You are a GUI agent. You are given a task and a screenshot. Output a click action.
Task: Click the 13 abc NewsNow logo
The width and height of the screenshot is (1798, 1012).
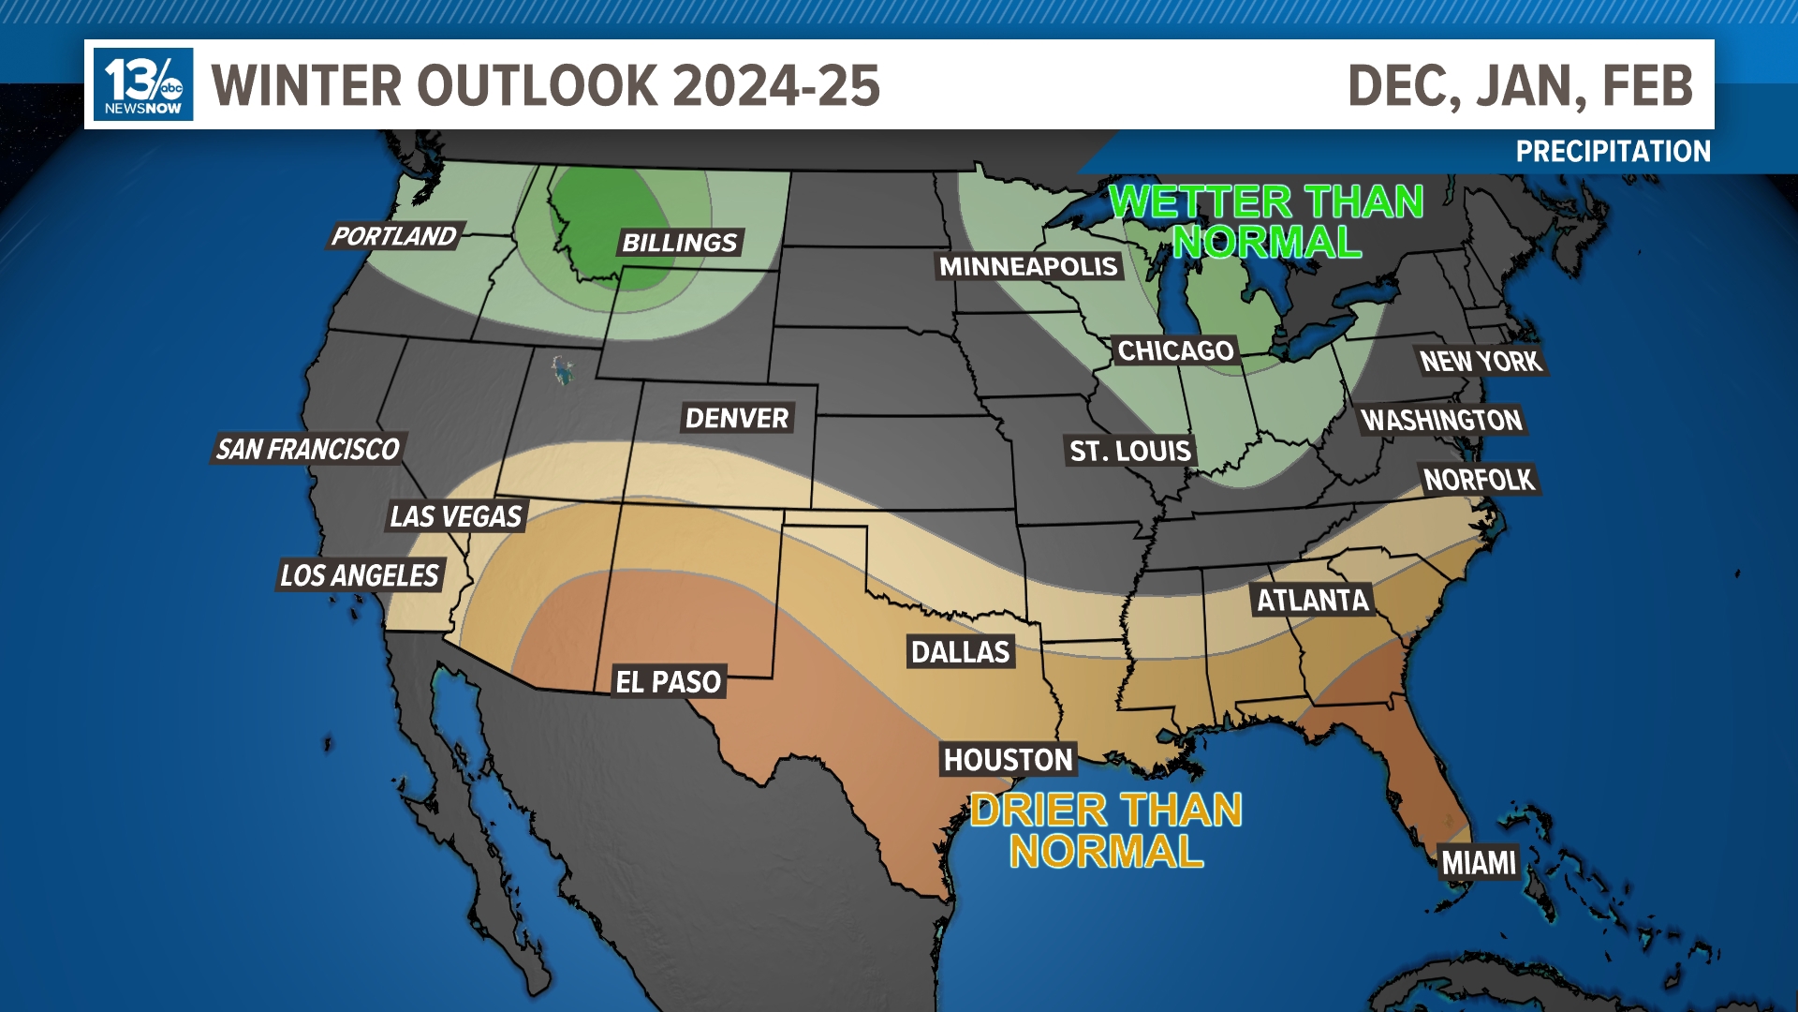143,84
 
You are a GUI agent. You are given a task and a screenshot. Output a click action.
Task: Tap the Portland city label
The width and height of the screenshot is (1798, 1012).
394,236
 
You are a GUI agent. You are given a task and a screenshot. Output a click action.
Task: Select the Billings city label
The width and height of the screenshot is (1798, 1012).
680,243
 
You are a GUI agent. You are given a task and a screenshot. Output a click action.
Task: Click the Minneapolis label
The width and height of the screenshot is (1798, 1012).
1028,267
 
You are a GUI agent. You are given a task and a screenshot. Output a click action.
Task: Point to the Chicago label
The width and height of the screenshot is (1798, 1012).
1175,350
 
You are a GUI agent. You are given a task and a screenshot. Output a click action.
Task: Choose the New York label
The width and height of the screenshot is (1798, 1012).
1481,361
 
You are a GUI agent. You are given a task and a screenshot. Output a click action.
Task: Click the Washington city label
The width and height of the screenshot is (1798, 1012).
1442,420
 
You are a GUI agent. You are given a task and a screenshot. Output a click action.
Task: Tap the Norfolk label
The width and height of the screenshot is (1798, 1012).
1479,480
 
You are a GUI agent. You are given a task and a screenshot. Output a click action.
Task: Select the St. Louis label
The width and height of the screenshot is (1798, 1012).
1130,451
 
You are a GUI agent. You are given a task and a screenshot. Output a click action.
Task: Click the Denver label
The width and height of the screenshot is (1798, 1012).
737,418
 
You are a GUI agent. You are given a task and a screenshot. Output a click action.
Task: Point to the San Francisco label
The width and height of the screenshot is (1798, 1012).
308,450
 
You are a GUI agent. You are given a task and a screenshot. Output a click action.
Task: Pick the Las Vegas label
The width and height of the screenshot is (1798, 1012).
456,516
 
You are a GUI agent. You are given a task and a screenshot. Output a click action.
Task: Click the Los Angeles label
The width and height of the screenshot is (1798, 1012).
360,575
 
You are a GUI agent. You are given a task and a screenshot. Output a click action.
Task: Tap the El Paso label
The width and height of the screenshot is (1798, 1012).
669,682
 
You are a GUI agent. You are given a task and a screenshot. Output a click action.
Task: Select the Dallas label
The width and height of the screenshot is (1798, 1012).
961,652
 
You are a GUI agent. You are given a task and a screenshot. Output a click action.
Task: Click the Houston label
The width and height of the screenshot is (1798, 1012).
1009,759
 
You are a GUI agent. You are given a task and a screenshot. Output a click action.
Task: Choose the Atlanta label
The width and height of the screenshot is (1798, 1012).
1313,600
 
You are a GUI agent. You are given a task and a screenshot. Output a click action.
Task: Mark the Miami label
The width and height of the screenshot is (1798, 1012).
1479,862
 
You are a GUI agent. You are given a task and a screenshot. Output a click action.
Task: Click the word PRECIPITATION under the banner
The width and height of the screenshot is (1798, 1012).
1613,152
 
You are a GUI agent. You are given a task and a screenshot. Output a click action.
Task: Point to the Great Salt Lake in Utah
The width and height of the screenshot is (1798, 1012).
562,370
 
